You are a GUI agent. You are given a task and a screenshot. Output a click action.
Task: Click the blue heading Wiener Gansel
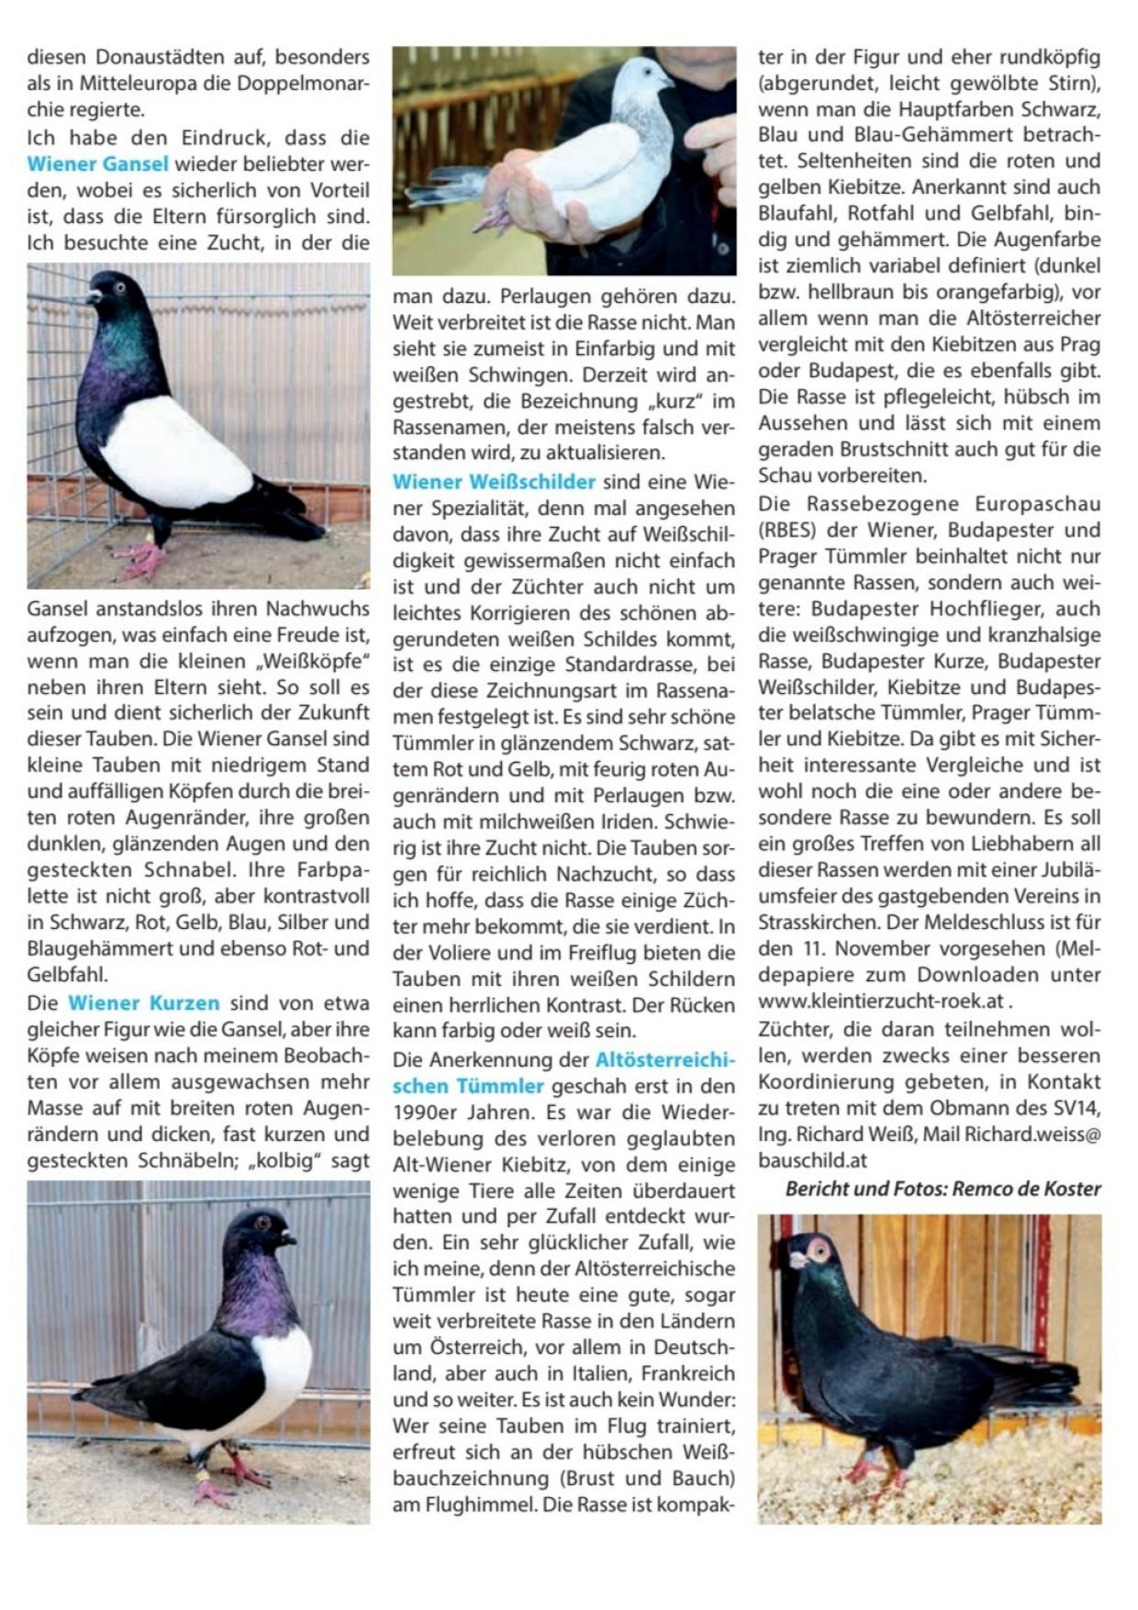pos(97,164)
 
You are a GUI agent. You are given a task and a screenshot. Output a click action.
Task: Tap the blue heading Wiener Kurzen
pos(143,1002)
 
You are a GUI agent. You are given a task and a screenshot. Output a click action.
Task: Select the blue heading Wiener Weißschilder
pos(494,481)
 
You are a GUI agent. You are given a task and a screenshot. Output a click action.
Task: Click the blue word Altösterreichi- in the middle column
pos(665,1060)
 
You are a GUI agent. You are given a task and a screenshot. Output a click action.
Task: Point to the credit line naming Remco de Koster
pos(943,1189)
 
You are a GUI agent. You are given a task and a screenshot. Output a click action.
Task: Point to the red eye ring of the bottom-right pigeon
pos(816,1250)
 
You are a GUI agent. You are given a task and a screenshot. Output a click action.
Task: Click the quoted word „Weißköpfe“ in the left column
pos(311,661)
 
